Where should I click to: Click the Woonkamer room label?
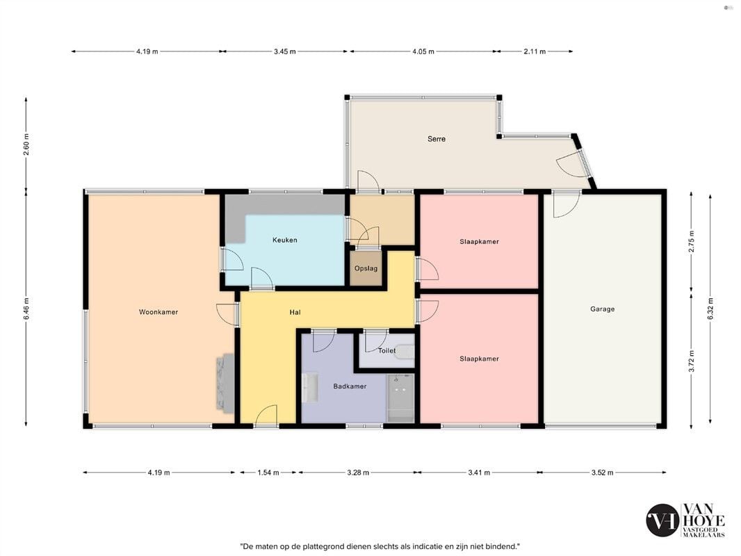point(158,312)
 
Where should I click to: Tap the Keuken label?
point(285,240)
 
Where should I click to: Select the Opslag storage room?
point(366,268)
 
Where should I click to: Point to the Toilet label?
point(386,350)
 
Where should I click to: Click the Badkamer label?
point(350,386)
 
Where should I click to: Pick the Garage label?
point(602,309)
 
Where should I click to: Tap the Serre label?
point(436,139)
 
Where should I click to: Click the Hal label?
point(295,312)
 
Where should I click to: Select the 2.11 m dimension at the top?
point(535,51)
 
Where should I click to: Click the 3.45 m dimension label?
point(284,51)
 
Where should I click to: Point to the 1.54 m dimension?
point(268,473)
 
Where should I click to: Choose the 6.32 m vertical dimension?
point(710,309)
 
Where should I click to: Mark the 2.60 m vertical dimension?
point(26,145)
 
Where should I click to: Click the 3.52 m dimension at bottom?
point(602,473)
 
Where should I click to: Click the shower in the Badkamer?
point(401,398)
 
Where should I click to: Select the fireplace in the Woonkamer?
point(225,383)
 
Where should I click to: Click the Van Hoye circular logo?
point(662,520)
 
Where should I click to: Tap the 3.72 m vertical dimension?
point(692,361)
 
